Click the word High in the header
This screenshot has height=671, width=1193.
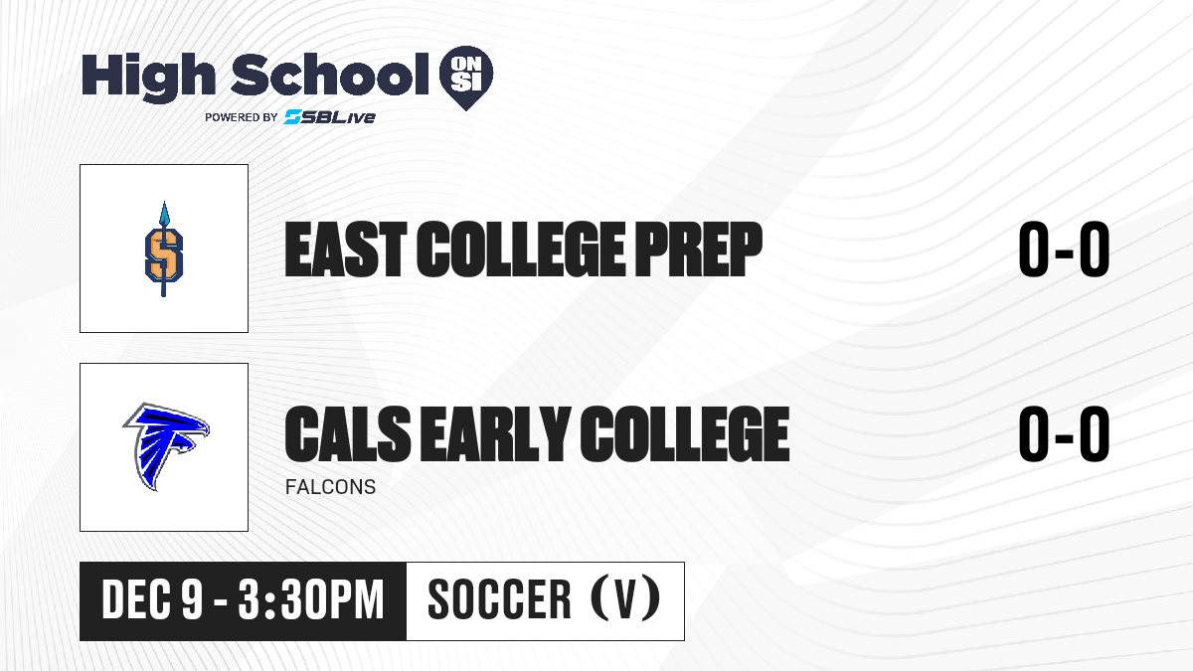(x=148, y=78)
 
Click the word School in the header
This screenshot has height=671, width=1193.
(x=330, y=74)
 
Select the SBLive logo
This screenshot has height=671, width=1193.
(x=329, y=117)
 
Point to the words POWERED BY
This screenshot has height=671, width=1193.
(x=242, y=117)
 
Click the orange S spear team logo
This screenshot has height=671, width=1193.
(x=164, y=249)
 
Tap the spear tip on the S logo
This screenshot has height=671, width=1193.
(x=164, y=212)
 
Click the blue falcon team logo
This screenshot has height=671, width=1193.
(x=166, y=446)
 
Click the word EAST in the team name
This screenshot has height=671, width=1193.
(x=346, y=250)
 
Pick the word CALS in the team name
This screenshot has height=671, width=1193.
(x=348, y=433)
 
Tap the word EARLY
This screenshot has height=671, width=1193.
(x=495, y=433)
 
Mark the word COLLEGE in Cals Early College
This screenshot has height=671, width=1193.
(x=684, y=433)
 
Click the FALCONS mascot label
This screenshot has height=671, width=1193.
(x=330, y=487)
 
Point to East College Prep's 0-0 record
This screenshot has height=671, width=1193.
(x=1064, y=250)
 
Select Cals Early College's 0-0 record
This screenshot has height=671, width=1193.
(x=1064, y=433)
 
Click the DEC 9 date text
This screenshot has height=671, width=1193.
(x=152, y=600)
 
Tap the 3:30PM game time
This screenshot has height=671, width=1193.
(x=311, y=600)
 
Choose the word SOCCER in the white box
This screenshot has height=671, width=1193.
(x=499, y=600)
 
